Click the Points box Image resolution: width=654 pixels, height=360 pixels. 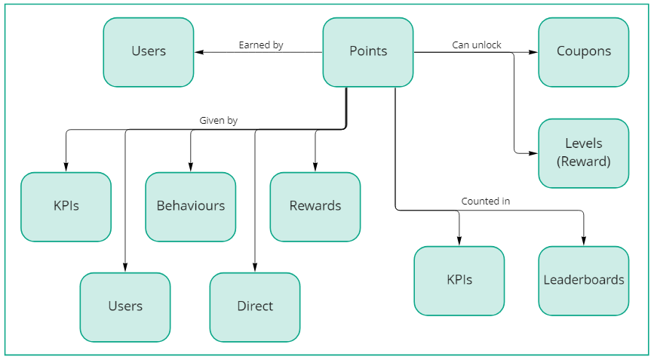click(368, 52)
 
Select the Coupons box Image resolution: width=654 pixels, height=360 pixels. click(583, 52)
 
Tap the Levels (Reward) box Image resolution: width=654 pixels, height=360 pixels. click(583, 152)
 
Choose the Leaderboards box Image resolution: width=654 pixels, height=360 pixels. click(583, 280)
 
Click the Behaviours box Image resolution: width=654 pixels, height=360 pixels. click(190, 206)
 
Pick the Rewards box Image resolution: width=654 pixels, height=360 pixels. click(315, 206)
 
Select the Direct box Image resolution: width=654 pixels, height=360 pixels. click(254, 306)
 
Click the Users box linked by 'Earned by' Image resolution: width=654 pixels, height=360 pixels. click(148, 52)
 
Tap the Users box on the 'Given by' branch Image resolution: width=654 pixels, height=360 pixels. click(125, 306)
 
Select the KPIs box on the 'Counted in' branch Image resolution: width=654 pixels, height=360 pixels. click(459, 280)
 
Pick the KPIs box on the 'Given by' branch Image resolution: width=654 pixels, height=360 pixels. click(66, 206)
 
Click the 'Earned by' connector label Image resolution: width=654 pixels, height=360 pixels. click(260, 45)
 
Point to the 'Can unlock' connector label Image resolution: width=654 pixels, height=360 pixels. click(477, 45)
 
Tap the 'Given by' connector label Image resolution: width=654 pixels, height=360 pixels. click(218, 121)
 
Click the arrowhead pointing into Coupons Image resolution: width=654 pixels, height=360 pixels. click(534, 52)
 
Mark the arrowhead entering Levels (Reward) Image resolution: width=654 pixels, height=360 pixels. click(534, 153)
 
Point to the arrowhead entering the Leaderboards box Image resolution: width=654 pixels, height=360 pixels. click(583, 242)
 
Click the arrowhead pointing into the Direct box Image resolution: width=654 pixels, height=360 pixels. click(254, 268)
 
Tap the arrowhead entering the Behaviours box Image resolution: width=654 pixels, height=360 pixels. click(190, 168)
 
